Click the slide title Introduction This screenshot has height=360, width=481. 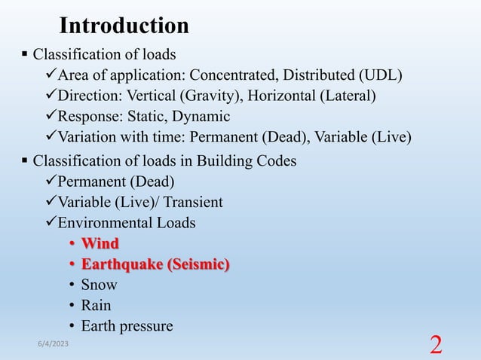point(124,26)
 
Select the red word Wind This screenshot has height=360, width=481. point(100,243)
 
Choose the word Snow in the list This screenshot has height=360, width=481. point(99,285)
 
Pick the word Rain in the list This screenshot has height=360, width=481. point(96,305)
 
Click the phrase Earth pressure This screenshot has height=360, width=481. point(127,326)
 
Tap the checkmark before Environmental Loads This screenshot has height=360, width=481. point(51,223)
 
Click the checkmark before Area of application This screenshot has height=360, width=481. point(51,75)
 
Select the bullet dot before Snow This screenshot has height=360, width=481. point(72,285)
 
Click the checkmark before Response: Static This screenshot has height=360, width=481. point(51,117)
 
